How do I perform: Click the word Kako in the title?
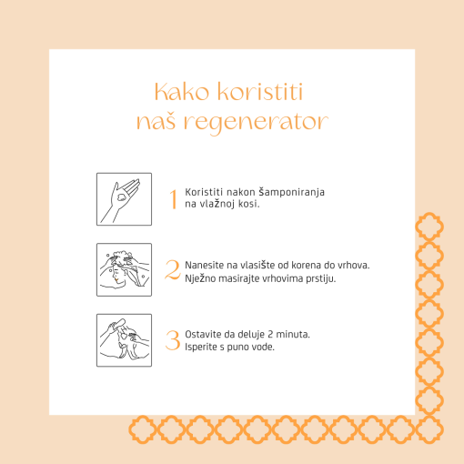[x=182, y=92]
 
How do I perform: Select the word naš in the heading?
[x=156, y=121]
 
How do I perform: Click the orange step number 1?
[x=173, y=199]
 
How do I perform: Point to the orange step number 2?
[x=173, y=269]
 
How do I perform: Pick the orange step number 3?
[x=173, y=340]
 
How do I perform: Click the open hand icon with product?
[x=124, y=199]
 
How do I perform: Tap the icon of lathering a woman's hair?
[x=124, y=269]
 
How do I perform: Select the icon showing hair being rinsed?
[x=124, y=340]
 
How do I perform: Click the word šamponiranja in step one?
[x=292, y=193]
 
